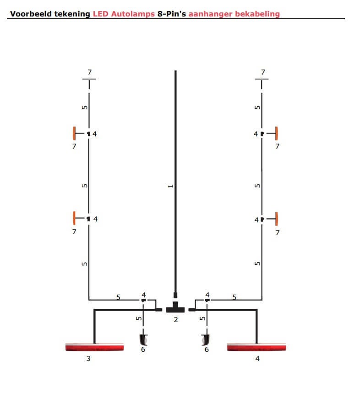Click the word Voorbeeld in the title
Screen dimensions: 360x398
point(31,14)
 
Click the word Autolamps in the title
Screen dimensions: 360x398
point(133,14)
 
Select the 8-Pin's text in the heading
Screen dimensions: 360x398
point(172,14)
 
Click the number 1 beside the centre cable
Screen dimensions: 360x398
point(171,186)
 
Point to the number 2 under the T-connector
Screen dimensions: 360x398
point(176,320)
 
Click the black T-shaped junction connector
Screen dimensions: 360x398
point(175,307)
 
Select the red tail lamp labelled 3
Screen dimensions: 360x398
point(94,347)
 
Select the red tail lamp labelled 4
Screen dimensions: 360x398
point(256,347)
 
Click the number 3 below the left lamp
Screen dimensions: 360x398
point(88,358)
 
